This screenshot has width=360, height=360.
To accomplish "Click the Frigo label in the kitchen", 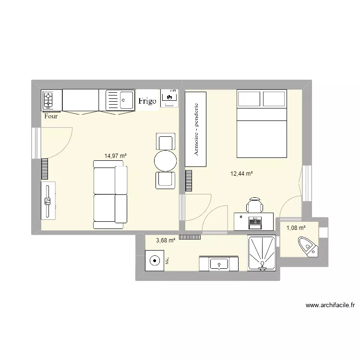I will (x=147, y=101).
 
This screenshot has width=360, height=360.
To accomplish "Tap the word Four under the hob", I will (x=50, y=116).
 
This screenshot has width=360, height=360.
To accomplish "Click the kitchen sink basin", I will (x=127, y=101).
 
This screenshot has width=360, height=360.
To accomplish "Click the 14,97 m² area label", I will (x=115, y=156).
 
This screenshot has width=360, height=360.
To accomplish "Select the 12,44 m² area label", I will (x=241, y=174).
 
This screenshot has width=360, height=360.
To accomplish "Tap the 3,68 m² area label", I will (x=165, y=241).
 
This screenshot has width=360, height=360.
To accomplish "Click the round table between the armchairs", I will (x=166, y=161).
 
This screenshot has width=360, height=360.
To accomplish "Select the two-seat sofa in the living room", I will (x=110, y=194).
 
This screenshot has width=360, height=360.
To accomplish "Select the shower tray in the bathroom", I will (x=262, y=253).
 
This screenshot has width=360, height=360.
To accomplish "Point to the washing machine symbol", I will (x=155, y=262).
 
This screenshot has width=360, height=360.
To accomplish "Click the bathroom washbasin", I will (x=219, y=264).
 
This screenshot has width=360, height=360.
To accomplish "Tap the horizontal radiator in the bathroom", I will (x=190, y=237).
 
